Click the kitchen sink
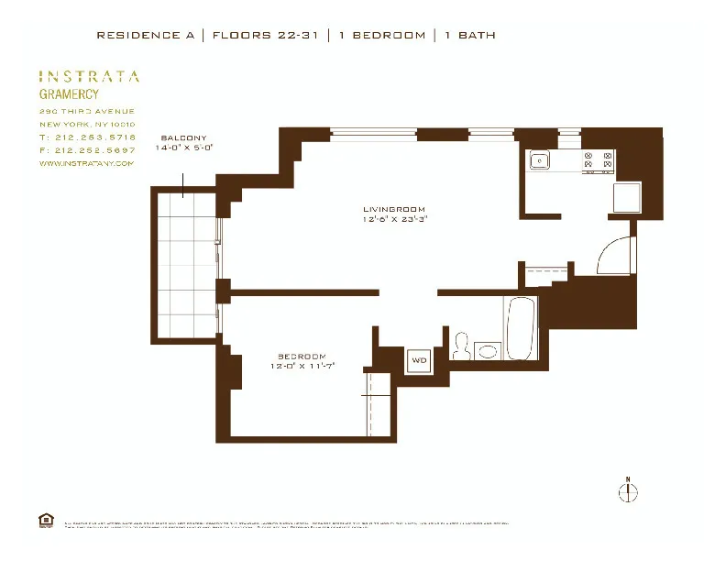(x=540, y=161)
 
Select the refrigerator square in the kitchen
(x=627, y=197)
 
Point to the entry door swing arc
(x=612, y=253)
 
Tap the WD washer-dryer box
(x=419, y=359)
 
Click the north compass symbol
(x=628, y=492)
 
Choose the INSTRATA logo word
(x=89, y=77)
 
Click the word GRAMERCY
(x=69, y=93)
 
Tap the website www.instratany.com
(x=86, y=163)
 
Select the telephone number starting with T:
(x=87, y=137)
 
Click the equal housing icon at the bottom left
(x=46, y=520)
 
